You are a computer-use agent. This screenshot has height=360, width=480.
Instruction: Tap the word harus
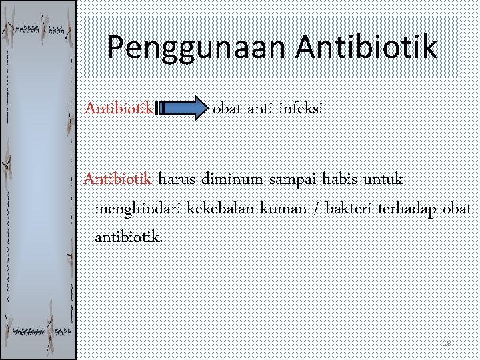coord(178,179)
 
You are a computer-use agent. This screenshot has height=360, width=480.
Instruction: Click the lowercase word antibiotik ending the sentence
coord(127,237)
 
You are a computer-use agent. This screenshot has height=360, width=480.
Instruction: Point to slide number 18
coord(447,343)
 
